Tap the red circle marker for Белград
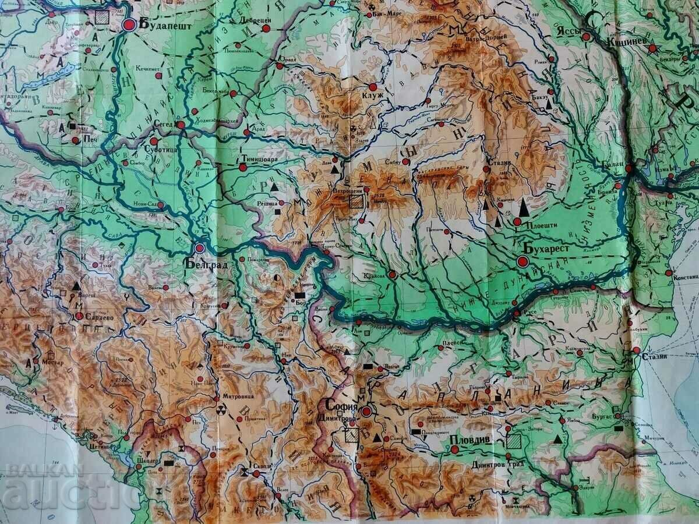pos(200,248)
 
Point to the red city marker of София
pos(366,412)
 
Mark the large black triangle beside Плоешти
pos(524,207)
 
